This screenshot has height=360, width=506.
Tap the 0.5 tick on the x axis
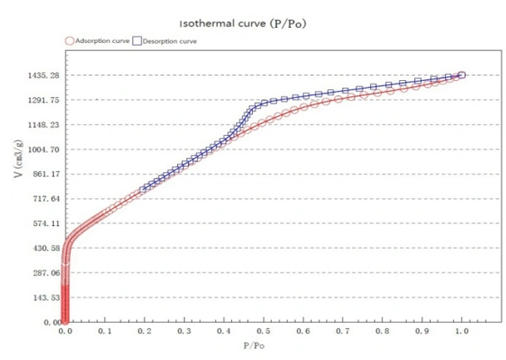[x=263, y=332]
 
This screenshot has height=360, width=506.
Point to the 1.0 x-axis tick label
[x=461, y=332]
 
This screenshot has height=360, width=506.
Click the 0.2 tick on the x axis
[x=144, y=332]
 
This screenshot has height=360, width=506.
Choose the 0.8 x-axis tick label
[x=382, y=332]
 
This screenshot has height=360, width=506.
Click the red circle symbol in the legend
[x=70, y=40]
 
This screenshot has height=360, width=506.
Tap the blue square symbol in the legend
[x=137, y=40]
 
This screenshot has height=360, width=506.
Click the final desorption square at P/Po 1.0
[x=461, y=76]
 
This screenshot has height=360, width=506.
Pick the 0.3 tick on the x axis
[x=184, y=332]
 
